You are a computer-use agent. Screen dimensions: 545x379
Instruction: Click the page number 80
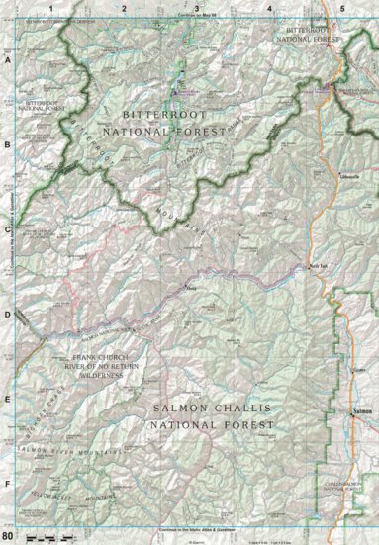pos(8,535)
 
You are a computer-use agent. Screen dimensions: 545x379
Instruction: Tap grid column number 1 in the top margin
pos(49,8)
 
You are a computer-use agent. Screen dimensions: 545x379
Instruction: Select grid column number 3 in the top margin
pos(196,8)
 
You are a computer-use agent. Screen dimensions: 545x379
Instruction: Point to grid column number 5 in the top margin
pos(342,8)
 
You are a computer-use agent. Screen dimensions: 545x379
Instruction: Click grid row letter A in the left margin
pos(8,60)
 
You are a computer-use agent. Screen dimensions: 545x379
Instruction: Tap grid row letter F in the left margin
pos(8,484)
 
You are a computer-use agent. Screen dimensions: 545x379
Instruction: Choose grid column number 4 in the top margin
pos(269,8)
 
